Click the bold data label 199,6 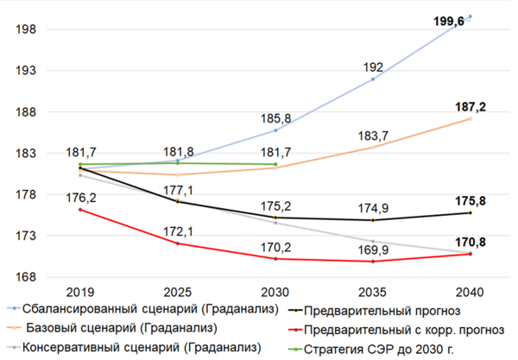449,22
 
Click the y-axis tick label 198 27,30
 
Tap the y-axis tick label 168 27,277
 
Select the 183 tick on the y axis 27,154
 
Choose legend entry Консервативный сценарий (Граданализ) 142,348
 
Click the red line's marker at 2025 178,243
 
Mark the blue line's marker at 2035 373,79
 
